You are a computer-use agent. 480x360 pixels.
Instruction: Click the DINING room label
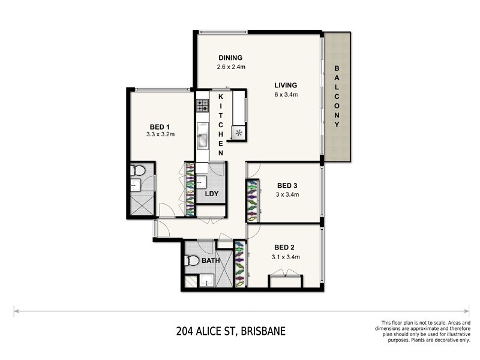click(x=230, y=58)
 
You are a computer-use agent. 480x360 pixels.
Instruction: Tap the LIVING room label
click(x=286, y=85)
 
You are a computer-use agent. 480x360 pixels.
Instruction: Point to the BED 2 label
click(x=286, y=247)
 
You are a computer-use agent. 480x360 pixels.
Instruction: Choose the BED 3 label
click(x=287, y=185)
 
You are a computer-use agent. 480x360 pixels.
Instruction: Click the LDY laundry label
click(x=211, y=194)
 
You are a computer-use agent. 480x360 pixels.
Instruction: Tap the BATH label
click(x=211, y=261)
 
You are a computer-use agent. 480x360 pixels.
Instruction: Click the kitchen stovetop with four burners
click(x=202, y=106)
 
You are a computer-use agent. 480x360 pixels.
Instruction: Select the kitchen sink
click(x=202, y=140)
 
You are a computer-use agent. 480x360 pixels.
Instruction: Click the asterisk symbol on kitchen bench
click(x=239, y=133)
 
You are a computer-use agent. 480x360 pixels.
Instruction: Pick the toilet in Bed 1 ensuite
click(x=138, y=171)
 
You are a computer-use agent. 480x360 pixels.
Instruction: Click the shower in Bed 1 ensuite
click(x=141, y=205)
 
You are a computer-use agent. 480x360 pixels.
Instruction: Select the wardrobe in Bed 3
click(x=251, y=202)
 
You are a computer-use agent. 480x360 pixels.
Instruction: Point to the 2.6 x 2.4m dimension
click(x=232, y=67)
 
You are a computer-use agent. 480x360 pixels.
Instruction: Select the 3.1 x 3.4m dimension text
click(x=286, y=257)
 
